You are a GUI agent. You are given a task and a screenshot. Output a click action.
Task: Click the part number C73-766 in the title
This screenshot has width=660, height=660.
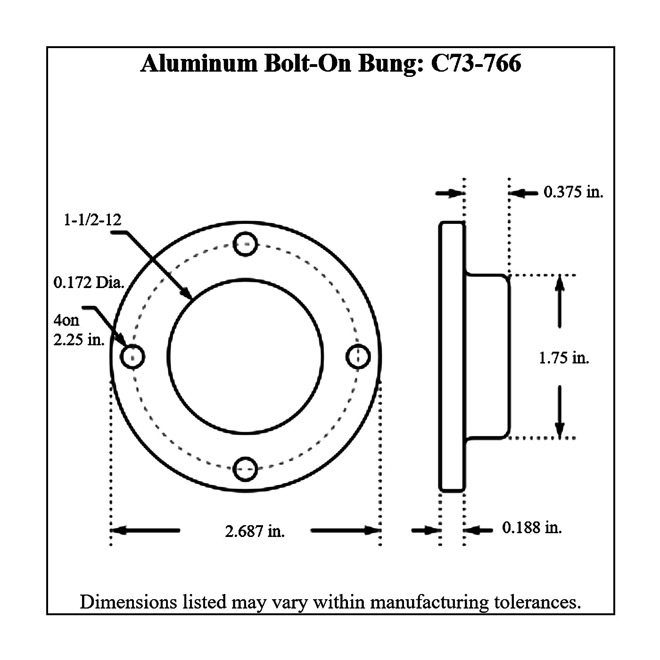click(476, 63)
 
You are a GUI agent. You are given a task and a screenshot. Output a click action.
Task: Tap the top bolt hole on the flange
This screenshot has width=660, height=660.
click(245, 244)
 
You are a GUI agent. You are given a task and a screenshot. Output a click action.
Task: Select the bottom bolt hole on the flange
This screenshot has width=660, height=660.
click(245, 469)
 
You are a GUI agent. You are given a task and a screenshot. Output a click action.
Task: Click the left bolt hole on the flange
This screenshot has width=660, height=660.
click(132, 356)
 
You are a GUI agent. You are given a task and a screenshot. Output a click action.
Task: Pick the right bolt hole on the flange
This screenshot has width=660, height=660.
click(358, 356)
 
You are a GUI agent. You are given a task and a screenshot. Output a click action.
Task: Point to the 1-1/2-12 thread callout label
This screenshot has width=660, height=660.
click(92, 220)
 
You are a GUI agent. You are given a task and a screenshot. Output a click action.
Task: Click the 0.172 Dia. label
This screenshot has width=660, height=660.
click(89, 283)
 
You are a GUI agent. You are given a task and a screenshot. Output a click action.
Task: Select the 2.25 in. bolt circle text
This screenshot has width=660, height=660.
click(79, 340)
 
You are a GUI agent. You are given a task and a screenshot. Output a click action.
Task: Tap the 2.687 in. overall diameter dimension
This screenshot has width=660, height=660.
click(255, 531)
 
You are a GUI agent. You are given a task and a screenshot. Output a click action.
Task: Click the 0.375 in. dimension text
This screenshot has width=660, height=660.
click(573, 192)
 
